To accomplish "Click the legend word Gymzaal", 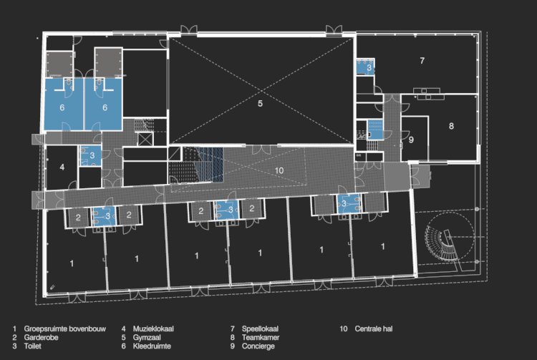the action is tap(147, 337).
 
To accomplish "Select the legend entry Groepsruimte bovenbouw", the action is tap(64, 329).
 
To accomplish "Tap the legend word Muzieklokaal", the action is tap(153, 329).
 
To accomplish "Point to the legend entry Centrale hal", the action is tap(374, 329).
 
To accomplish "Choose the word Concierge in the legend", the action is tap(258, 346).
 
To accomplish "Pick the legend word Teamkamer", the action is tap(261, 337).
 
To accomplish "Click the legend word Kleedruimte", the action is tap(152, 346).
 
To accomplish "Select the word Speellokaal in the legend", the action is tap(261, 329).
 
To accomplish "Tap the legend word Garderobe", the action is tap(41, 337).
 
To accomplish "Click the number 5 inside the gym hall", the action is tap(261, 103).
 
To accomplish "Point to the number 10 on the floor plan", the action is tap(279, 170).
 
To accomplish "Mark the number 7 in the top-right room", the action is tap(422, 61).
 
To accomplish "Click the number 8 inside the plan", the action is tap(451, 126).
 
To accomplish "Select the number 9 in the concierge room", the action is tap(411, 140).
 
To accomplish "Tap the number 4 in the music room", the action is tap(62, 167).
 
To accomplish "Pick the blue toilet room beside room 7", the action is tap(365, 67).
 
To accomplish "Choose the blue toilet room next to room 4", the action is tap(90, 156).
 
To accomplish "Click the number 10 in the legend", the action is tap(344, 329).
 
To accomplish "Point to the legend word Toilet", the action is tap(32, 346).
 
